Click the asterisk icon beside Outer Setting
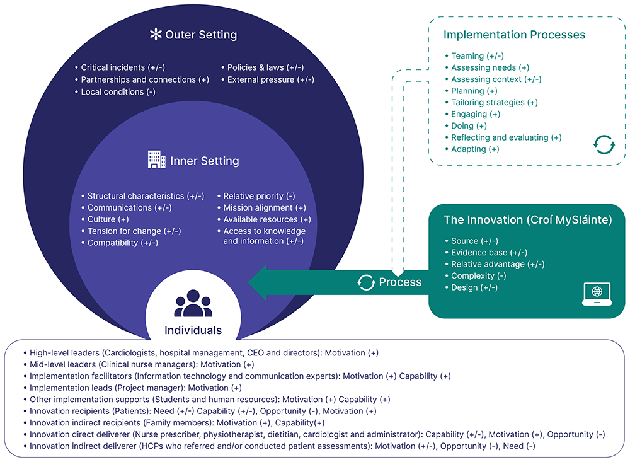155,35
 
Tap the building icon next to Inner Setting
156,160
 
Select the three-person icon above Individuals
193,304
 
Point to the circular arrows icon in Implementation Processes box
604,144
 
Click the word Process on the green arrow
400,282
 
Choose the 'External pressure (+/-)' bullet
270,80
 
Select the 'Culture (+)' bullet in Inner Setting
108,219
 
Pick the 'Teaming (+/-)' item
477,56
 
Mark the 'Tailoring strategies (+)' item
494,103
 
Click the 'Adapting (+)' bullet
475,149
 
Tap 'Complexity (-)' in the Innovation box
478,276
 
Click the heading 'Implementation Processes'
514,35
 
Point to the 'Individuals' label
193,330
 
